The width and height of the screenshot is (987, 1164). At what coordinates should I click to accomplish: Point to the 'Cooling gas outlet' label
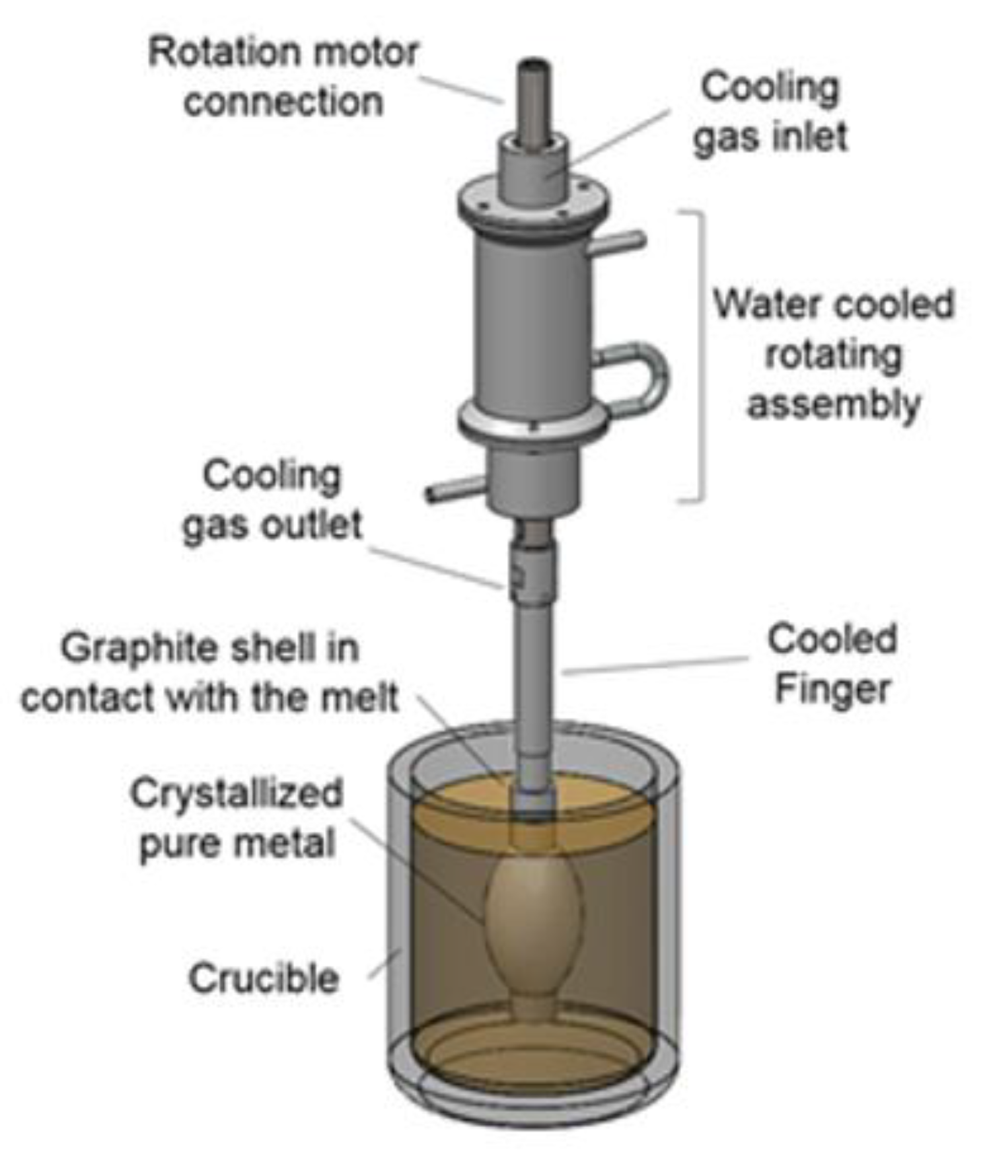[272, 500]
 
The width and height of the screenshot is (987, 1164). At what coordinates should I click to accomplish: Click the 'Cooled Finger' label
[832, 664]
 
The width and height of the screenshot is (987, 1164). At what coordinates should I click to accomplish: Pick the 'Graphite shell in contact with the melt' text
[210, 673]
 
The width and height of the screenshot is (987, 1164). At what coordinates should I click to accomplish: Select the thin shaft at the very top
[534, 99]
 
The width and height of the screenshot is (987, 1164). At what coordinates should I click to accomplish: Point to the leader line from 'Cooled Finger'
[654, 665]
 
